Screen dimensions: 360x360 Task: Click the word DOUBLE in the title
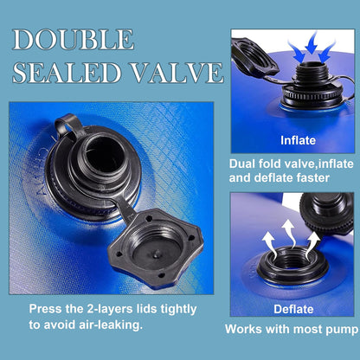point(74,40)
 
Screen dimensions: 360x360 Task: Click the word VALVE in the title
point(178,72)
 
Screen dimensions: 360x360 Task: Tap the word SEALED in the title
point(67,72)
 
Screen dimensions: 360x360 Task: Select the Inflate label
point(298,140)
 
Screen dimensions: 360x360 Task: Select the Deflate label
point(293,309)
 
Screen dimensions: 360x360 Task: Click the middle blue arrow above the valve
point(312,43)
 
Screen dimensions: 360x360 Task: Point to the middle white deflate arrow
point(289,233)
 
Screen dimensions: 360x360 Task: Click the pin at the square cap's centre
point(156,254)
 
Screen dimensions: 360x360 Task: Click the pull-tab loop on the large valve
point(65,124)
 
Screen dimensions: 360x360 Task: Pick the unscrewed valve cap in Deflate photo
point(327,213)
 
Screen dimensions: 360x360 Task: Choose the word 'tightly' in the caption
point(178,310)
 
